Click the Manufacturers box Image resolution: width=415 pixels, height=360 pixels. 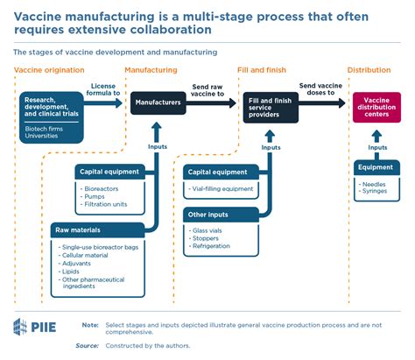158,102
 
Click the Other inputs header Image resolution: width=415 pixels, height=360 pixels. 208,214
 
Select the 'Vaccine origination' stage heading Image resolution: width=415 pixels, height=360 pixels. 50,69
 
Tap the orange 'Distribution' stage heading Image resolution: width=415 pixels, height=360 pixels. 369,69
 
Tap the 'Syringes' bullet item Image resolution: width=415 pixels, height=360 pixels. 376,192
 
